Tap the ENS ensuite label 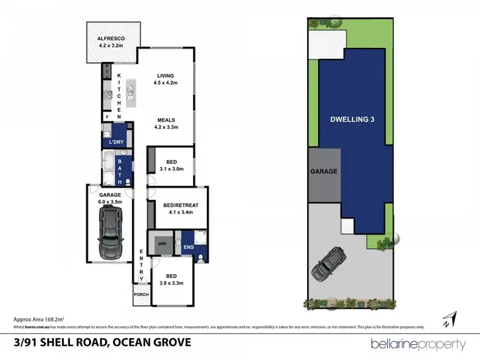pyautogui.click(x=188, y=246)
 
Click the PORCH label pyautogui.click(x=140, y=295)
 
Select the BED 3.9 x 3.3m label pyautogui.click(x=171, y=279)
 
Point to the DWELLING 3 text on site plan pyautogui.click(x=352, y=119)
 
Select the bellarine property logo pyautogui.click(x=419, y=344)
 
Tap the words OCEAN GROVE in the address pyautogui.click(x=152, y=342)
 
